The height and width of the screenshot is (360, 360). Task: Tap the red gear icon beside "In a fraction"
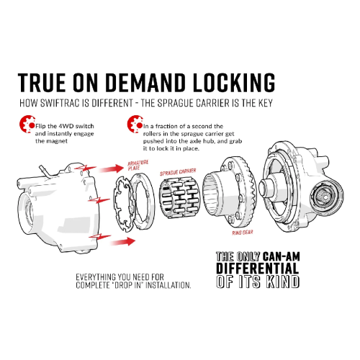(x=132, y=123)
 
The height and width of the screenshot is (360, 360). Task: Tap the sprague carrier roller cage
(x=175, y=203)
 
